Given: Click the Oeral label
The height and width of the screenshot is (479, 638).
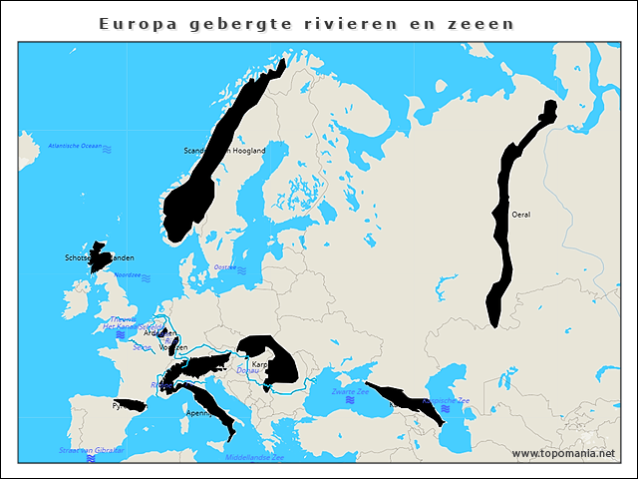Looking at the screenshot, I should point(520,215).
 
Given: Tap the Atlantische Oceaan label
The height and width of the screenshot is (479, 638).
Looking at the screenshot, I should point(76,146).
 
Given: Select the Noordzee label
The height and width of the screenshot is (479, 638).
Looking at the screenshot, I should point(127,274).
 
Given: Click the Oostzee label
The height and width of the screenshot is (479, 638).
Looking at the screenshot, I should point(225,267).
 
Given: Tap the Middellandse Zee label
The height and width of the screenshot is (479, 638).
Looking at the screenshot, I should point(254,457).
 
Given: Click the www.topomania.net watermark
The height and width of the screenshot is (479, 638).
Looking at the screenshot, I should point(563,453).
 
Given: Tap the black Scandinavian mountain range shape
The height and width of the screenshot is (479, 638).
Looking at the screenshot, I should point(214,165).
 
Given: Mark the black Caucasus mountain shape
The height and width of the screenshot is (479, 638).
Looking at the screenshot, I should point(404,400).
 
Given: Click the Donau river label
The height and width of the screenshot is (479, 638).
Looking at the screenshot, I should point(246,370).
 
